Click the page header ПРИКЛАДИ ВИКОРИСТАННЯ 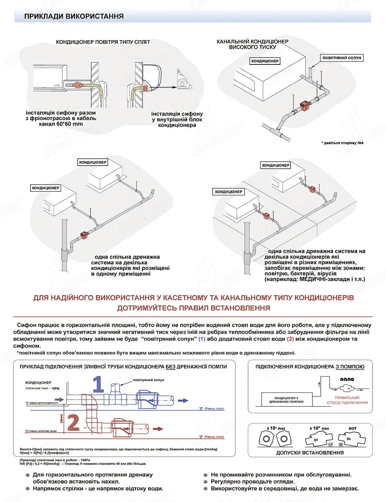click(74, 16)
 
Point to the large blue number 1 click(98, 383)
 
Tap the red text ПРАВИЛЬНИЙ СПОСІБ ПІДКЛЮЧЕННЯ click(348, 400)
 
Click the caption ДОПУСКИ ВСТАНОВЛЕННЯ click(310, 453)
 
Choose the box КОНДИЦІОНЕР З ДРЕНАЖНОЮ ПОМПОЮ click(286, 399)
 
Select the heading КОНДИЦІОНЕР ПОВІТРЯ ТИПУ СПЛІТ click(103, 42)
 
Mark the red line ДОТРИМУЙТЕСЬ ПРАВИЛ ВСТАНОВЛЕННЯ click(194, 308)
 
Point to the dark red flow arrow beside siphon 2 click(158, 428)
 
